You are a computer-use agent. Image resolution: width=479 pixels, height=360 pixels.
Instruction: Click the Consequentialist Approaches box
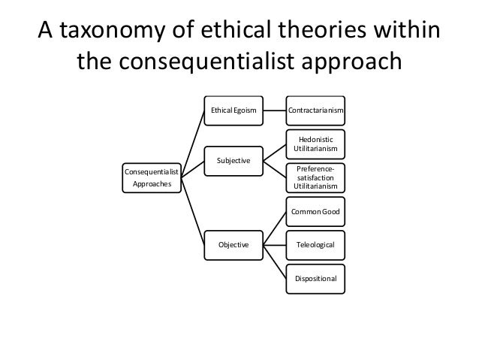(x=151, y=177)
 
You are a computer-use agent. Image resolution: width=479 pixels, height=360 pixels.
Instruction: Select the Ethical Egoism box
(x=233, y=111)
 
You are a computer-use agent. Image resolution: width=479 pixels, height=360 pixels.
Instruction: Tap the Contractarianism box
(x=316, y=111)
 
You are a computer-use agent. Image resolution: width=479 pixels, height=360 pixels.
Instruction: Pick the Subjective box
(x=233, y=161)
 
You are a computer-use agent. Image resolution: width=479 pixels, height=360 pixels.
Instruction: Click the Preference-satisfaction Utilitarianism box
(x=316, y=177)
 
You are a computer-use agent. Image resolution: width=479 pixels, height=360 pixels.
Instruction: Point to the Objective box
(x=233, y=244)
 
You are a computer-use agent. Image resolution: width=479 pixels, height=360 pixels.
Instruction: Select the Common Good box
(x=316, y=211)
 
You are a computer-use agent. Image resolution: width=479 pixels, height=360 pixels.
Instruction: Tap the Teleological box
(x=316, y=244)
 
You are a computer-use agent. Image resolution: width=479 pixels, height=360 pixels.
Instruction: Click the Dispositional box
(x=316, y=278)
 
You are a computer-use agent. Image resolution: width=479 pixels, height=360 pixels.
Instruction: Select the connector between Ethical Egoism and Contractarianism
(x=274, y=111)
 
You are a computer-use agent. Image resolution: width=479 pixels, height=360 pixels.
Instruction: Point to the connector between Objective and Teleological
(x=274, y=244)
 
